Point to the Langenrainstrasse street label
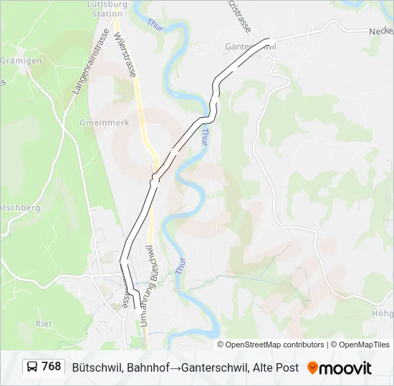click(90, 62)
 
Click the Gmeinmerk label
click(105, 123)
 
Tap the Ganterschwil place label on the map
click(251, 46)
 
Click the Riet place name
click(43, 324)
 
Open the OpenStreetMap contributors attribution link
click(274, 345)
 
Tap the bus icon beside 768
click(32, 367)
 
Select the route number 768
click(52, 367)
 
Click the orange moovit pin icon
click(312, 367)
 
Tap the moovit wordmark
click(345, 368)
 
